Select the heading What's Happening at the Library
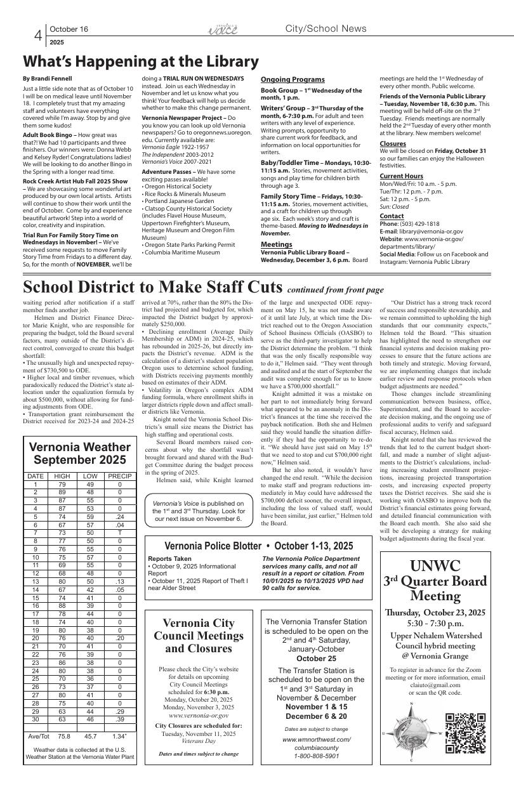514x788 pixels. click(140, 62)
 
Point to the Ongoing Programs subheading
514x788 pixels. click(293, 79)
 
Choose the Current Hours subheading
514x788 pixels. click(401, 176)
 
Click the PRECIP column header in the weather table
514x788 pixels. click(119, 476)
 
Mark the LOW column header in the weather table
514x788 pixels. click(91, 476)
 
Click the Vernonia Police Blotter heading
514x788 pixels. click(259, 546)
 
